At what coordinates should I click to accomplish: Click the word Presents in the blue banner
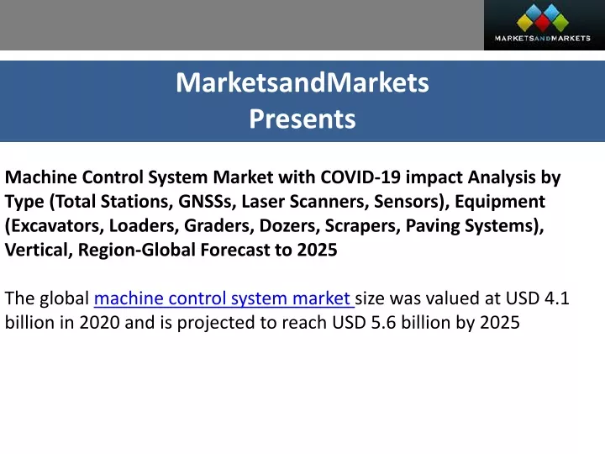[x=302, y=119]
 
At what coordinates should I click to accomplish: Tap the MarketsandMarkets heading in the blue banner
[x=302, y=82]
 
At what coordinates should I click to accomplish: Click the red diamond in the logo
[x=542, y=24]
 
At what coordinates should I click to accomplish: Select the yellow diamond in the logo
[x=524, y=23]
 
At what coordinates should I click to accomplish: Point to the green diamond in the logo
[x=560, y=23]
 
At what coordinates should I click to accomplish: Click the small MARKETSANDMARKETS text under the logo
[x=542, y=38]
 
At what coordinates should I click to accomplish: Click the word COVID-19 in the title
[x=360, y=177]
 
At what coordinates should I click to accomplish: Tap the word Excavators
[x=55, y=226]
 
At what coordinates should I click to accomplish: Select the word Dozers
[x=289, y=226]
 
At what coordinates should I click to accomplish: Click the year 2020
[x=99, y=323]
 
